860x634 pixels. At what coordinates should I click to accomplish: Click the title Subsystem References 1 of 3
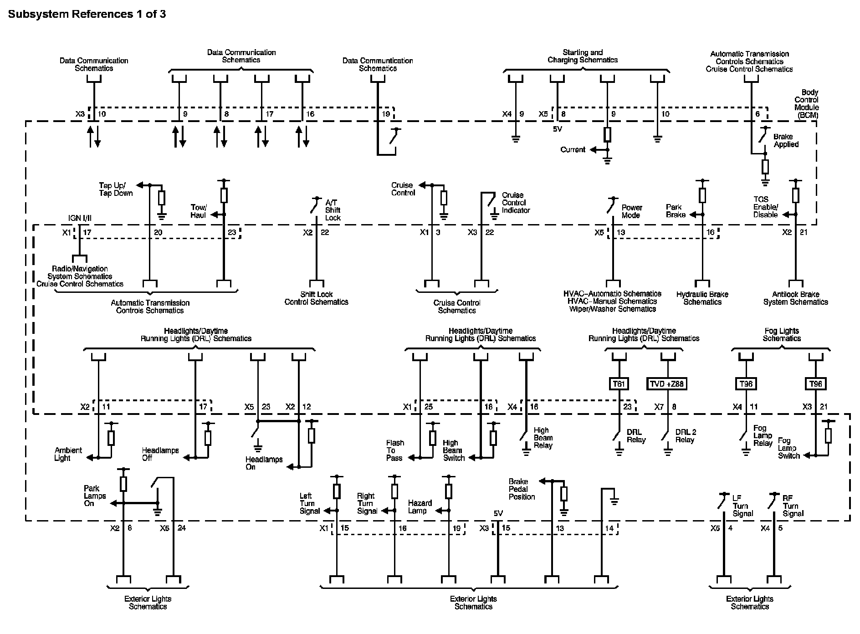tap(87, 14)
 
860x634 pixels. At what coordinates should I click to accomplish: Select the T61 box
tap(619, 384)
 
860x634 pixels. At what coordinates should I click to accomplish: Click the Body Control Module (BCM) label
tap(806, 104)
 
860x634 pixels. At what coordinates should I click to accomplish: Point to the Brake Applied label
tap(786, 140)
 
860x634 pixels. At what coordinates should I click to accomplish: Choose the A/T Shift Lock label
tap(333, 210)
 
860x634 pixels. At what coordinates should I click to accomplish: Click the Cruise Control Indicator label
tap(516, 203)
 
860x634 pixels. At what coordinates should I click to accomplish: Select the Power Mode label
tap(632, 211)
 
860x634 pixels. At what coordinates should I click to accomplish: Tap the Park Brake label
tap(676, 211)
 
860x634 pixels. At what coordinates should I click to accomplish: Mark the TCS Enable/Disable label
tap(765, 207)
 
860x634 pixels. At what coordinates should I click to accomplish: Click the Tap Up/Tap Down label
tap(116, 189)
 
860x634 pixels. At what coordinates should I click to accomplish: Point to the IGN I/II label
tap(80, 219)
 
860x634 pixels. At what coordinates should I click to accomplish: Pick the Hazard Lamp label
tap(420, 507)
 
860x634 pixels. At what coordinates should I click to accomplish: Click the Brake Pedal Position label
tap(522, 489)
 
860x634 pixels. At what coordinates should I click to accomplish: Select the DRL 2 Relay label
tap(686, 436)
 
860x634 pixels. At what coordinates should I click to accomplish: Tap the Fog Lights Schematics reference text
tap(782, 335)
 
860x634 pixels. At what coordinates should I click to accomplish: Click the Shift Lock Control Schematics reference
tap(316, 298)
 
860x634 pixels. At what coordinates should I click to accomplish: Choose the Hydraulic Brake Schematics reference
tap(702, 298)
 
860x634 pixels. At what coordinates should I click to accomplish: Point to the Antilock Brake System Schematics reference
tap(795, 298)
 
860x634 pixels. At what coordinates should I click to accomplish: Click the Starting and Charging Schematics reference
tap(583, 56)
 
